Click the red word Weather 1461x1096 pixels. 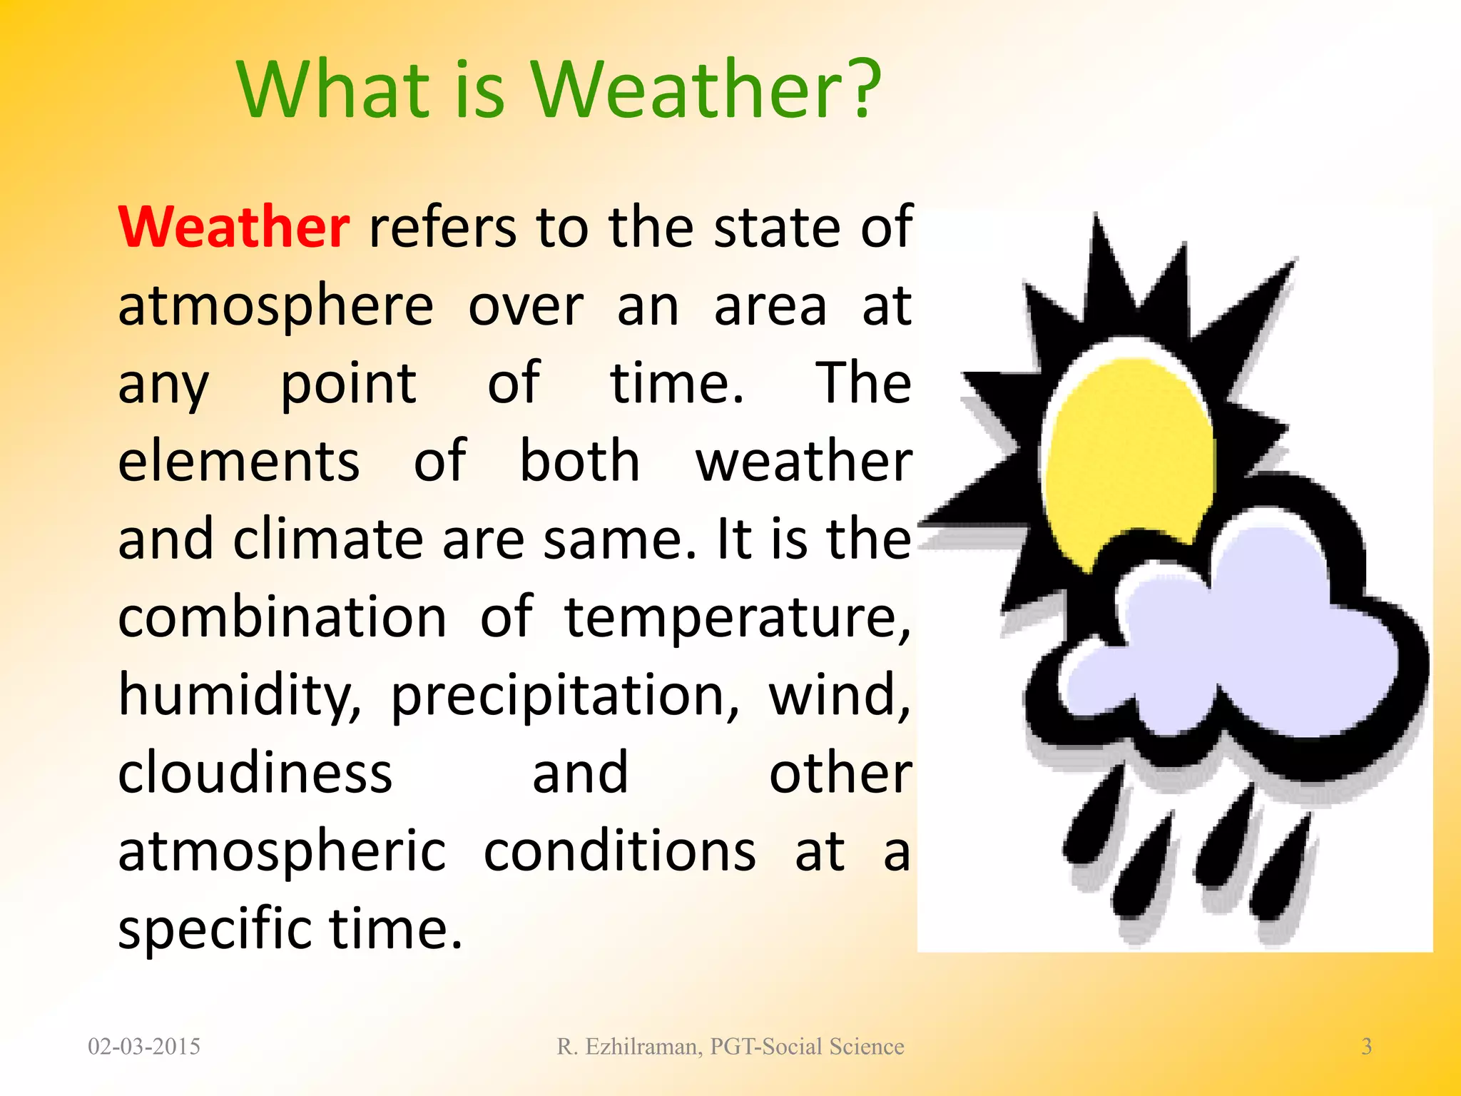pos(233,227)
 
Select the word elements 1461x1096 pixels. pos(238,462)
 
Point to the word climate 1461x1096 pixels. pos(328,539)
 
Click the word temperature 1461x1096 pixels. pos(737,617)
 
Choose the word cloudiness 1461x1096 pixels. pos(255,773)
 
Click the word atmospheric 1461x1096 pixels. pos(282,852)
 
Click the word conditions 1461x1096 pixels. pos(619,851)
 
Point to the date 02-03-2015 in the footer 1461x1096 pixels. pos(144,1047)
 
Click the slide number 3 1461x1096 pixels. pos(1366,1047)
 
